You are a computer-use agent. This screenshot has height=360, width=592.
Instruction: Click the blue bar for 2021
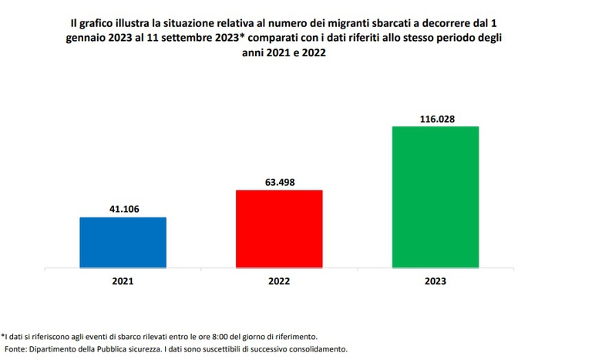[x=123, y=243]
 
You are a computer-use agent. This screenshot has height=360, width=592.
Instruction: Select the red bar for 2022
[x=279, y=229]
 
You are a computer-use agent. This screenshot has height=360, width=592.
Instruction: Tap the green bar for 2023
[x=436, y=197]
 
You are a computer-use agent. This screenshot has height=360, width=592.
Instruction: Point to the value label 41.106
[x=123, y=210]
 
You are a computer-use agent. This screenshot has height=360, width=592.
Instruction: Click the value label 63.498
[x=279, y=183]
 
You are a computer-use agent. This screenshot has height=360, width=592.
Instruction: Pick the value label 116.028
[x=436, y=119]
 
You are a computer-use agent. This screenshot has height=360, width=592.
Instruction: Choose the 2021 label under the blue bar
[x=123, y=281]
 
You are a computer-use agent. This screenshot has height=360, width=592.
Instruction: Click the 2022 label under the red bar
[x=279, y=281]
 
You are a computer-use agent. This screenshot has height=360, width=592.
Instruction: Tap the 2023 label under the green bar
[x=436, y=281]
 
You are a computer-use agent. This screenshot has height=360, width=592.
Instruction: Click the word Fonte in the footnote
[x=17, y=349]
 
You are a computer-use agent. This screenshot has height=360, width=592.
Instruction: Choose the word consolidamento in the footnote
[x=309, y=349]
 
